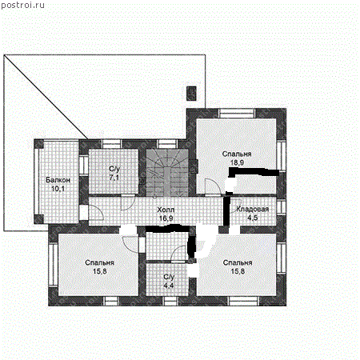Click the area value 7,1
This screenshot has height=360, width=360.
pyautogui.click(x=114, y=178)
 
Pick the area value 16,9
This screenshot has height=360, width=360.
pyautogui.click(x=166, y=217)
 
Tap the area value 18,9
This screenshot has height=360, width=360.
pyautogui.click(x=237, y=162)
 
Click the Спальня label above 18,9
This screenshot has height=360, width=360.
pyautogui.click(x=237, y=154)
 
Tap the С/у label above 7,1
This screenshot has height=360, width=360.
pyautogui.click(x=114, y=169)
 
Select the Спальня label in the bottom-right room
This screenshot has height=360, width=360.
pyautogui.click(x=238, y=262)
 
